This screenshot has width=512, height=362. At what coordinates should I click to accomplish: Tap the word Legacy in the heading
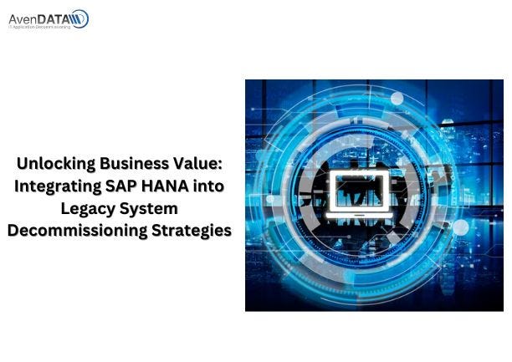(89, 209)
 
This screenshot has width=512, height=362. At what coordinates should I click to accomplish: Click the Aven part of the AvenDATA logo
(25, 16)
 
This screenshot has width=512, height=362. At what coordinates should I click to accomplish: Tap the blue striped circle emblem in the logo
(79, 18)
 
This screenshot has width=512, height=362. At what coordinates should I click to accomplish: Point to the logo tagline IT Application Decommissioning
(40, 27)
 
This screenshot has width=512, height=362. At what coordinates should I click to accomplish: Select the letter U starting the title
(23, 164)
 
